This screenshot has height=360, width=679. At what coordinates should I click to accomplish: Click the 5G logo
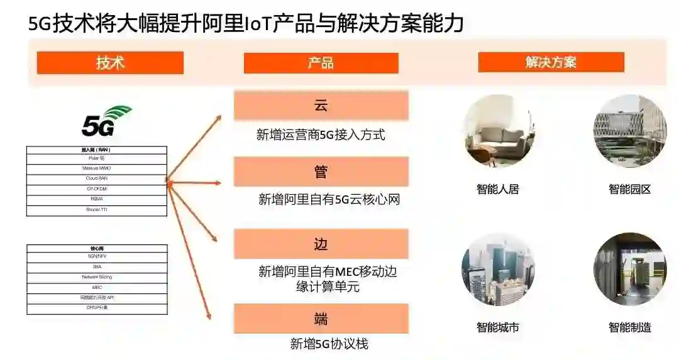[x=106, y=122]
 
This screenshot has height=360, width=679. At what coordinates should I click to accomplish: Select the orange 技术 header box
[x=110, y=63]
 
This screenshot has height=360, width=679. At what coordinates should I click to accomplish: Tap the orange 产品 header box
[x=321, y=63]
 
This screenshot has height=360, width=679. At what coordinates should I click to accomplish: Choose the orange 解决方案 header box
[x=551, y=62]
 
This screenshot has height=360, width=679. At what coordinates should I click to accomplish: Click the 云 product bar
[x=321, y=106]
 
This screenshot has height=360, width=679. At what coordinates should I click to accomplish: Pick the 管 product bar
[x=321, y=172]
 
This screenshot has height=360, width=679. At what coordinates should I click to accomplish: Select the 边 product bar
[x=321, y=244]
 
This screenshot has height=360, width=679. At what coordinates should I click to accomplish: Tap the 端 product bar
[x=321, y=319]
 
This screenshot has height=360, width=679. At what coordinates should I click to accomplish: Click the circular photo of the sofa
[x=499, y=131]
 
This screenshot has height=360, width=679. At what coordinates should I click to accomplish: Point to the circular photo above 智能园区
[x=629, y=131]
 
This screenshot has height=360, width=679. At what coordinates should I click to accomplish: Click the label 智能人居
[x=498, y=189]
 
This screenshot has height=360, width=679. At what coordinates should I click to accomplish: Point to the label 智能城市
[x=498, y=327]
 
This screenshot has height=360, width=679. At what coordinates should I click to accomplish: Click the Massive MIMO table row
[x=97, y=168]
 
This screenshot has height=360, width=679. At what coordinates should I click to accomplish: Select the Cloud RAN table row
[x=97, y=178]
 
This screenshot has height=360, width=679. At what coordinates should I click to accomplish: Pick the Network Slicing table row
[x=97, y=277]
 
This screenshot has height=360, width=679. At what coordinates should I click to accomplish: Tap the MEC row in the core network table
[x=97, y=287]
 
